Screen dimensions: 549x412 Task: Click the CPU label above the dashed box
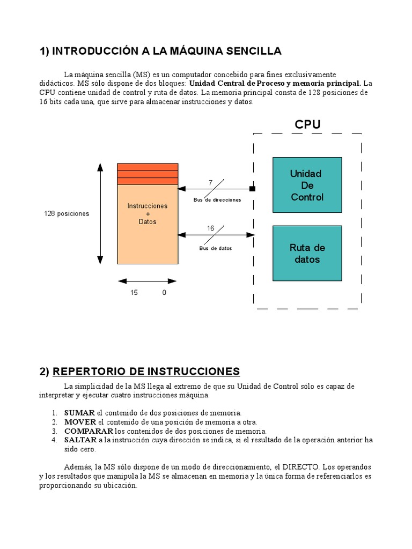[x=307, y=124]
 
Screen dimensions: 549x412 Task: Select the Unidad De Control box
[x=307, y=185]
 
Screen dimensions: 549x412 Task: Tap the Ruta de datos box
[x=307, y=253]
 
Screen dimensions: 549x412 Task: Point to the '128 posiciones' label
[x=67, y=213]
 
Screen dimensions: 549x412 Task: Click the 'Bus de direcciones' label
[x=217, y=199]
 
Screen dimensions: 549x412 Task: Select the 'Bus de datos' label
[x=216, y=248]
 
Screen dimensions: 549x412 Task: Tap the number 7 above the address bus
[x=210, y=183]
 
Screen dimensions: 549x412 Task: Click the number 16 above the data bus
[x=210, y=228]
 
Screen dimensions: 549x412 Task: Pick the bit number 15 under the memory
[x=134, y=293]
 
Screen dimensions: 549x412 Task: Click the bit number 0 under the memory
[x=164, y=293]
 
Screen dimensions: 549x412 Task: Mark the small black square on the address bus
[x=252, y=189]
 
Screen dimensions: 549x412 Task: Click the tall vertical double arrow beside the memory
[x=100, y=213]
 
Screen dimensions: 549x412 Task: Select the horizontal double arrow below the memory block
[x=148, y=281]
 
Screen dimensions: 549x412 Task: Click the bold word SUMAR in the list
[x=79, y=413]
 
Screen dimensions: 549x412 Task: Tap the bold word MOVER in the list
[x=80, y=422]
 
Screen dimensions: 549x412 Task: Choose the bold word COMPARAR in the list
[x=89, y=431]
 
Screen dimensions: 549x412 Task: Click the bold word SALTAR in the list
[x=80, y=440]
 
